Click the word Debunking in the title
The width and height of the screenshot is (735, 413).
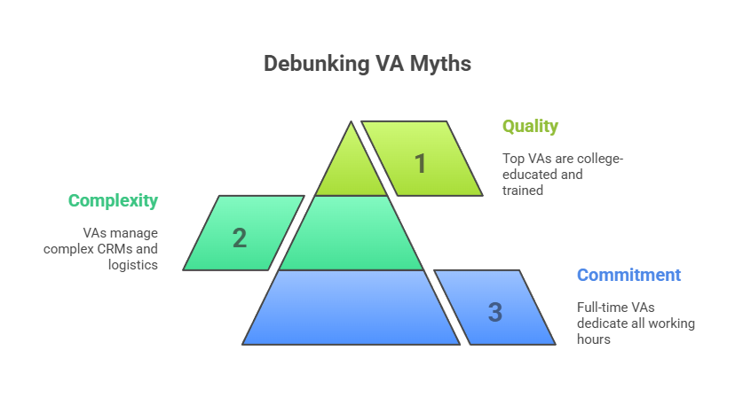[x=316, y=64]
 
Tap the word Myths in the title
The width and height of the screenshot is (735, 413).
[x=440, y=64]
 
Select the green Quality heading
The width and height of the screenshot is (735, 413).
[x=530, y=127]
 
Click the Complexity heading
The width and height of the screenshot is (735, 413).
[x=113, y=201]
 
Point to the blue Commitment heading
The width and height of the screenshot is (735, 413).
[x=628, y=275]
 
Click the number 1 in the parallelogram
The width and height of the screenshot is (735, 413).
[x=420, y=164]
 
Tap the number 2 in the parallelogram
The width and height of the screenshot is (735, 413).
[x=240, y=238]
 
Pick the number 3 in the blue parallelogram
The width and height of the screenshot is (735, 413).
[x=495, y=312]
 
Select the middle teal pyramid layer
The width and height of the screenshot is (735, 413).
[x=352, y=233]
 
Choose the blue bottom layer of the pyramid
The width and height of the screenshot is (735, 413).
[x=352, y=308]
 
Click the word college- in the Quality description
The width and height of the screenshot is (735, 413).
[x=600, y=159]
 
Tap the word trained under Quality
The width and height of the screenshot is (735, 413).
[x=523, y=191]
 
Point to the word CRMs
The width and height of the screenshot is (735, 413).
[x=115, y=249]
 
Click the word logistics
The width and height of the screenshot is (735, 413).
[x=133, y=265]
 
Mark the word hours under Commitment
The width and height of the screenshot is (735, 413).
[x=594, y=339]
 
